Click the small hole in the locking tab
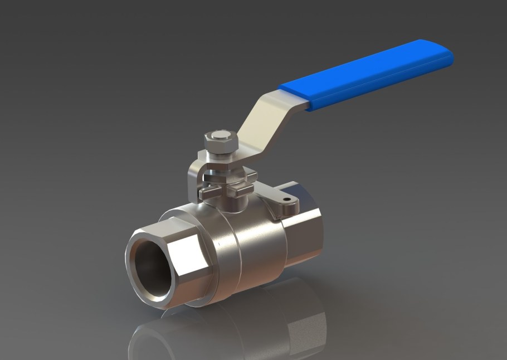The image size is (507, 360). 287,199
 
